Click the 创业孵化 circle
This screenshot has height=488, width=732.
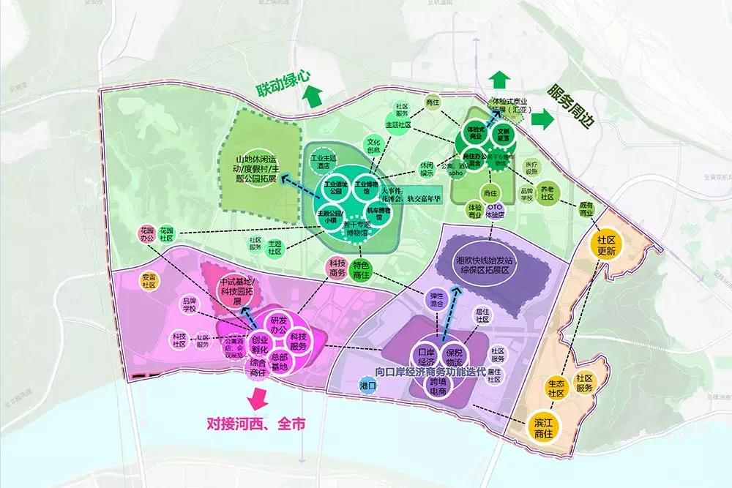pyautogui.click(x=260, y=345)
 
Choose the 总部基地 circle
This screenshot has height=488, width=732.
pyautogui.click(x=279, y=364)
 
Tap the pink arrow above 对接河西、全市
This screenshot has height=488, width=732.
pyautogui.click(x=257, y=399)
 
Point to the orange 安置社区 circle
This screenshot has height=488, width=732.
pyautogui.click(x=149, y=280)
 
